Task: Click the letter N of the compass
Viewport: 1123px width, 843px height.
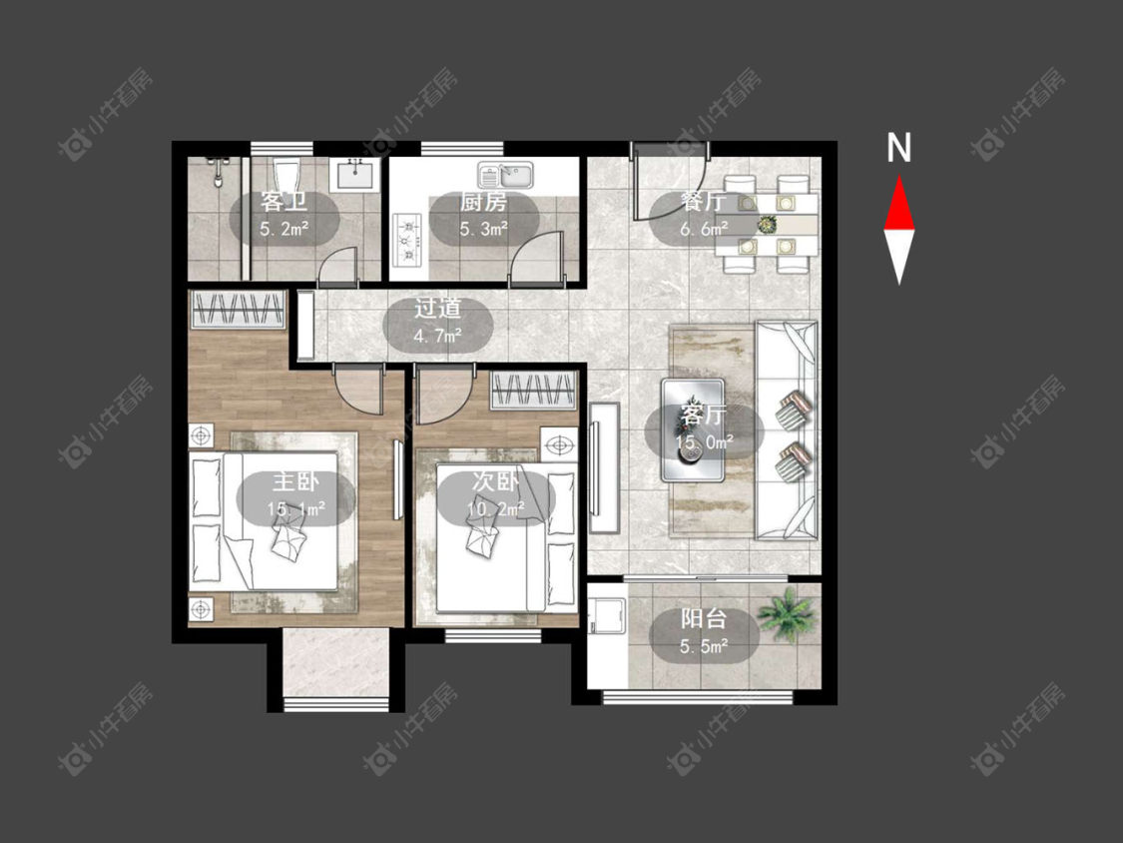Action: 898,148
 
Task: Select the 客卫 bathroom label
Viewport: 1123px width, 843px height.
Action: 283,202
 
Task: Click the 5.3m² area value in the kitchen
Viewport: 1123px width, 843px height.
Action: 484,230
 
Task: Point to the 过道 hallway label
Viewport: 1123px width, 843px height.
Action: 437,309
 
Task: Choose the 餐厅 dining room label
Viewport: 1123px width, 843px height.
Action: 703,202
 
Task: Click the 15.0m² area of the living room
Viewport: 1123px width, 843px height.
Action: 704,441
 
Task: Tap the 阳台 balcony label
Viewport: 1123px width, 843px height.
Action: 704,619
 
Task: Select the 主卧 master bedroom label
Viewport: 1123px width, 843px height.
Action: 295,481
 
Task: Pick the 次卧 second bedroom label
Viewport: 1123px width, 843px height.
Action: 495,481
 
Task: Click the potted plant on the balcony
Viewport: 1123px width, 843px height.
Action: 787,613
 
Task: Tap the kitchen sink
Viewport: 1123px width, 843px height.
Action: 506,175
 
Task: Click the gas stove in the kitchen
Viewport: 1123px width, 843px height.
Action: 408,239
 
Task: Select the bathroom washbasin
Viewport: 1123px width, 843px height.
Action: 353,174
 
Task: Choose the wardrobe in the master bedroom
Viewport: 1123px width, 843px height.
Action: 238,310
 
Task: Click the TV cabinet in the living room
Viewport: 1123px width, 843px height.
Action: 604,467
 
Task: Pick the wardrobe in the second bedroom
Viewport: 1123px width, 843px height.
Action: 534,391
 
